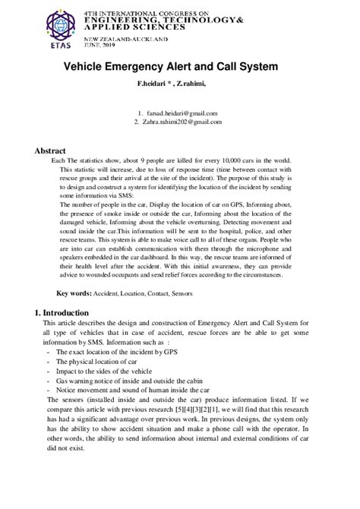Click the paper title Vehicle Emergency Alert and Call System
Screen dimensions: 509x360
(179, 66)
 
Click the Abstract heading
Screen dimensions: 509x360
(50, 150)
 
